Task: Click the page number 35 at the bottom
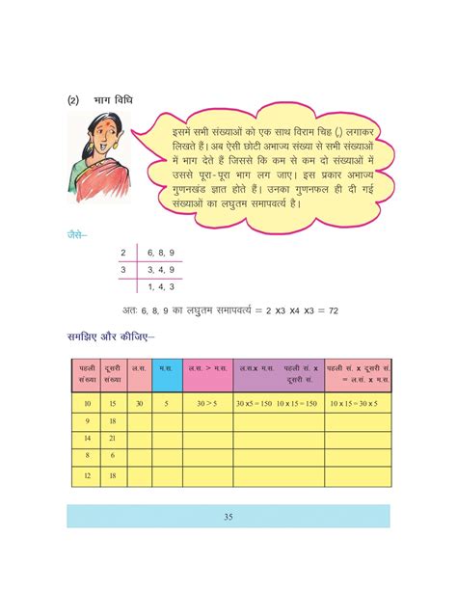[x=228, y=517]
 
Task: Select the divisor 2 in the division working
[x=122, y=253]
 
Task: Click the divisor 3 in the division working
[x=122, y=269]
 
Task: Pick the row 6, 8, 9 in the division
[x=160, y=253]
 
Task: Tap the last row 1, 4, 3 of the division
[x=160, y=286]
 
